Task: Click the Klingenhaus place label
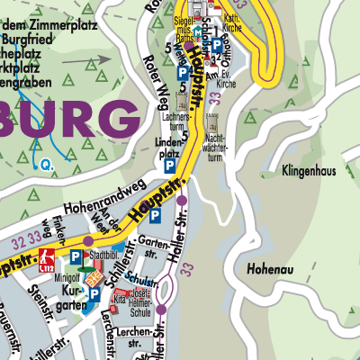click(x=309, y=168)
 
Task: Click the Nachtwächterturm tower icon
click(x=214, y=121)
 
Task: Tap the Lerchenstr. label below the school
click(x=139, y=334)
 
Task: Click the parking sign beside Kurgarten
click(x=94, y=292)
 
